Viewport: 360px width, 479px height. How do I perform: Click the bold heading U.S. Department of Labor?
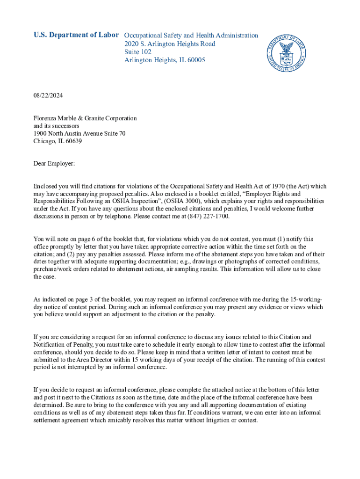[76, 35]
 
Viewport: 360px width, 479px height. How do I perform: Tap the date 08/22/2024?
[48, 95]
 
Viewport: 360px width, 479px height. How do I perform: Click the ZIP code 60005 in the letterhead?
[195, 60]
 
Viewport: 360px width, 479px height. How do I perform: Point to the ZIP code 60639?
[73, 141]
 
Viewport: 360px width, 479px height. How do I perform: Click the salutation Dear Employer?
[54, 164]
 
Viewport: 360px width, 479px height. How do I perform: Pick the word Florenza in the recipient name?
[46, 118]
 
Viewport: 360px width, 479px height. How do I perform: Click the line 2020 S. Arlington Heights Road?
[170, 44]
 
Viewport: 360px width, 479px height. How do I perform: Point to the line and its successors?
[56, 126]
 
